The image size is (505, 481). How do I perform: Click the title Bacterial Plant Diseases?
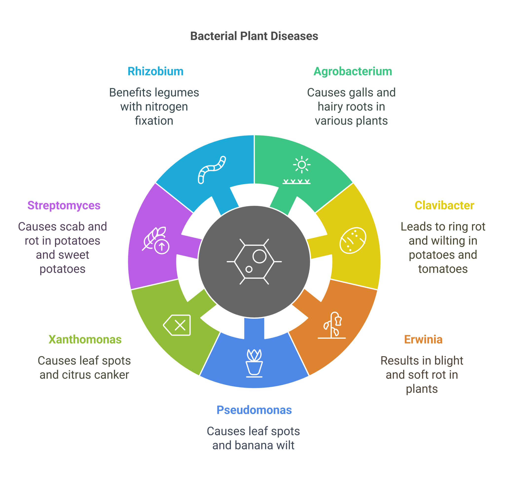click(254, 36)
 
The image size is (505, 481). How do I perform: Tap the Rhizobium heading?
click(155, 71)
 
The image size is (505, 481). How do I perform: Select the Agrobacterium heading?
click(353, 71)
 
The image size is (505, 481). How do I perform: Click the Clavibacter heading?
click(444, 205)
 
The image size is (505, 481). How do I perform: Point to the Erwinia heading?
click(423, 340)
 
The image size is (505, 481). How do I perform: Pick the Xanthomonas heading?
click(85, 340)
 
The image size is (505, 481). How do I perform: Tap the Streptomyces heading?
click(64, 205)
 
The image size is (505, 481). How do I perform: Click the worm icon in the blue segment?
click(212, 169)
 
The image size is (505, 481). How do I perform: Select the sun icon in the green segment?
click(302, 165)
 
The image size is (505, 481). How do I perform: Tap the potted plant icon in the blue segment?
click(254, 363)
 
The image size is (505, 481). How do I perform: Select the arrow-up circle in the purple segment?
click(162, 247)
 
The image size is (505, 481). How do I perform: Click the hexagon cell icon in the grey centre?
click(254, 261)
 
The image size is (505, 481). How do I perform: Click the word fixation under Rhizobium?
click(154, 121)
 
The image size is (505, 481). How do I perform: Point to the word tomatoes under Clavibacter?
click(443, 269)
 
